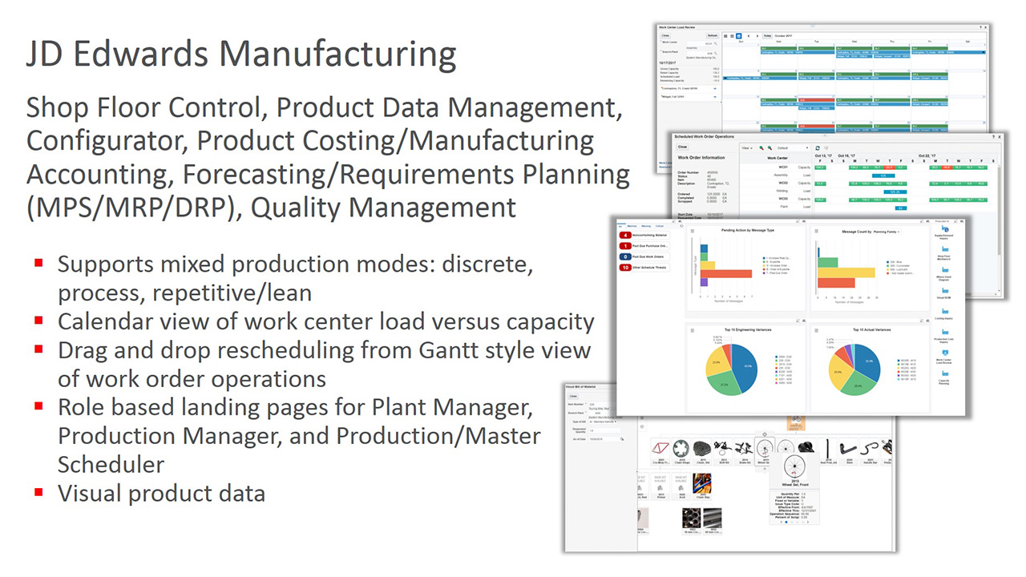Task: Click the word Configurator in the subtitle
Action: point(107,140)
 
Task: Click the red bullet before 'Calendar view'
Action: point(38,320)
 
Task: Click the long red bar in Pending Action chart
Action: point(725,273)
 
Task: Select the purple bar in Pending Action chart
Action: point(703,282)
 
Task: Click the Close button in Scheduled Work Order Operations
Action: point(682,147)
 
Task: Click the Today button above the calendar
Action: point(767,35)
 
